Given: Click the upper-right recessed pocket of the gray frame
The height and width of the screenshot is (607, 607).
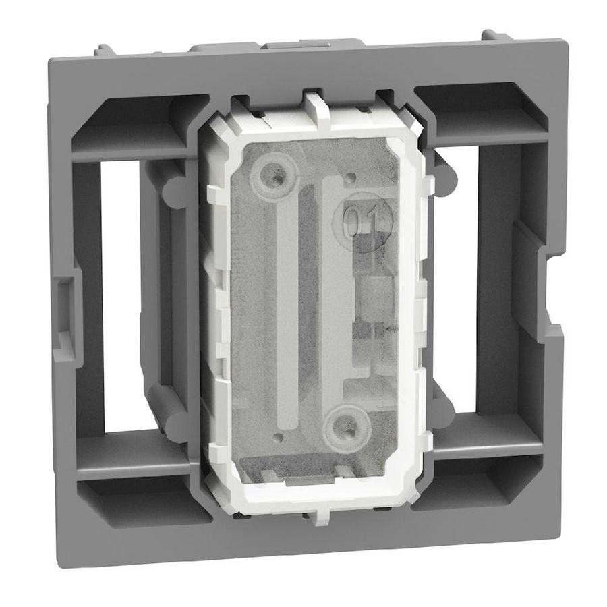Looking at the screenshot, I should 472,111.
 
